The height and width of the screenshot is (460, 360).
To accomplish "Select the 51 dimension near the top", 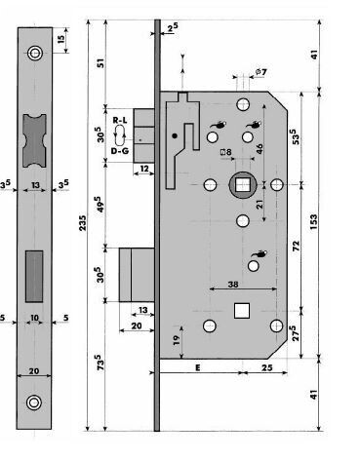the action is (x=100, y=63).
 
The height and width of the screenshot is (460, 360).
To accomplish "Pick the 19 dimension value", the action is (x=176, y=340).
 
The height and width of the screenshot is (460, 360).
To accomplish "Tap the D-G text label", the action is (x=121, y=153).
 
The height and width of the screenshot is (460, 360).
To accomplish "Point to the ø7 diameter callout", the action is (x=260, y=72).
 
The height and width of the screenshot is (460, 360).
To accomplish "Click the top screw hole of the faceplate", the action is (x=35, y=53).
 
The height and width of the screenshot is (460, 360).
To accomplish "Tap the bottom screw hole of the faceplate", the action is (x=35, y=402).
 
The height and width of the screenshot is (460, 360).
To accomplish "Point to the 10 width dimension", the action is (x=35, y=319).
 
